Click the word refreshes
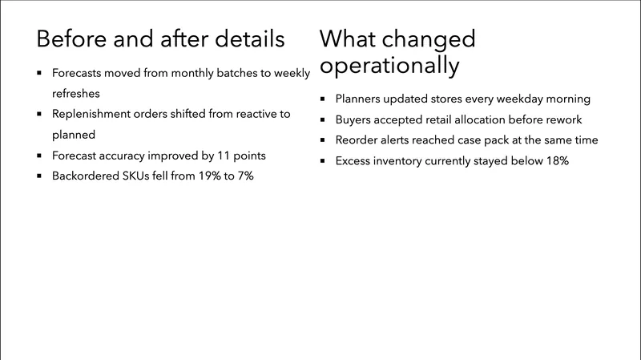[x=76, y=93]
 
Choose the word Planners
[x=361, y=99]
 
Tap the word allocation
[x=495, y=119]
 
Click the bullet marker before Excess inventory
[x=322, y=160]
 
